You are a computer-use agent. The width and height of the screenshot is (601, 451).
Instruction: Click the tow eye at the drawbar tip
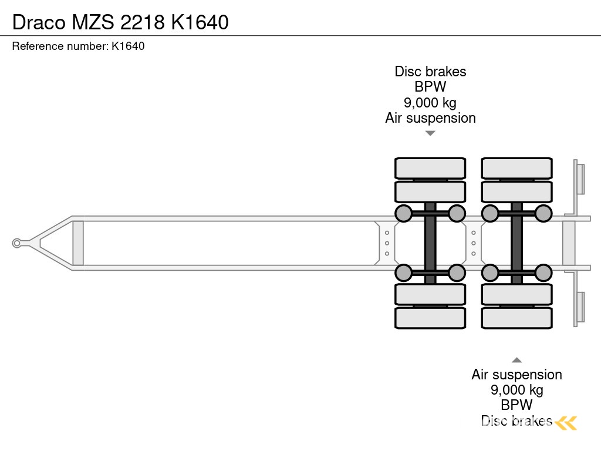pos(17,243)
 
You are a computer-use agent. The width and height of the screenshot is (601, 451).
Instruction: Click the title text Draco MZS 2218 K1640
pos(120,22)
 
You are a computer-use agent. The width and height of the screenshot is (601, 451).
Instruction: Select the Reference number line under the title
pos(78,46)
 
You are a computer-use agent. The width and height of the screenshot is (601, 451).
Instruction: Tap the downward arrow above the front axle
pos(430,133)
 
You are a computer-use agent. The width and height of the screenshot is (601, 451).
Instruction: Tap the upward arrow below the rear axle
pos(516,360)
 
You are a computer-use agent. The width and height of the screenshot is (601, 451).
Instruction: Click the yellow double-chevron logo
pos(566,422)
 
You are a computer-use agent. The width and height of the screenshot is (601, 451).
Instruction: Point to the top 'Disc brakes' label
pos(430,72)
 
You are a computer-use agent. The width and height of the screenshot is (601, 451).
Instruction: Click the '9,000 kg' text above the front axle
pos(430,103)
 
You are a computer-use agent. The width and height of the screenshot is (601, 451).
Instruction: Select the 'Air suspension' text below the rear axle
pos(516,375)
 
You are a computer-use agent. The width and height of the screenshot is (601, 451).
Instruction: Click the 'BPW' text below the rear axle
pos(516,405)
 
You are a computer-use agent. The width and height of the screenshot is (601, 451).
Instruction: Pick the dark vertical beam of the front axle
pos(430,243)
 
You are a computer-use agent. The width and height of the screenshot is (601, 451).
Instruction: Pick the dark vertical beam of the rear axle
pos(516,243)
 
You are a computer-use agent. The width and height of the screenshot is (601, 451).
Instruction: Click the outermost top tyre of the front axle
pos(430,169)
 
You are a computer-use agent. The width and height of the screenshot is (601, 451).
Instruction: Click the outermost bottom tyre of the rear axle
pos(516,318)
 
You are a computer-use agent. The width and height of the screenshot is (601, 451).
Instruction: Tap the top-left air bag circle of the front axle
pos(403,213)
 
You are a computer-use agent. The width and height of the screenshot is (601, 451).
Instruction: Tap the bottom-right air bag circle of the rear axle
pos(543,272)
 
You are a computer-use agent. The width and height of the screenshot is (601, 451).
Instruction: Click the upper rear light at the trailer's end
pos(580,179)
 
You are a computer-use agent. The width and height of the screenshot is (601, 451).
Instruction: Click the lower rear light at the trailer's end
pos(580,307)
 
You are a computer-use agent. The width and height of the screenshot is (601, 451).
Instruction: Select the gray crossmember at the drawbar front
pos(77,243)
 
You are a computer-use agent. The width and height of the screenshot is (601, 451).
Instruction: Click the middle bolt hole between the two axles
pos(474,243)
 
